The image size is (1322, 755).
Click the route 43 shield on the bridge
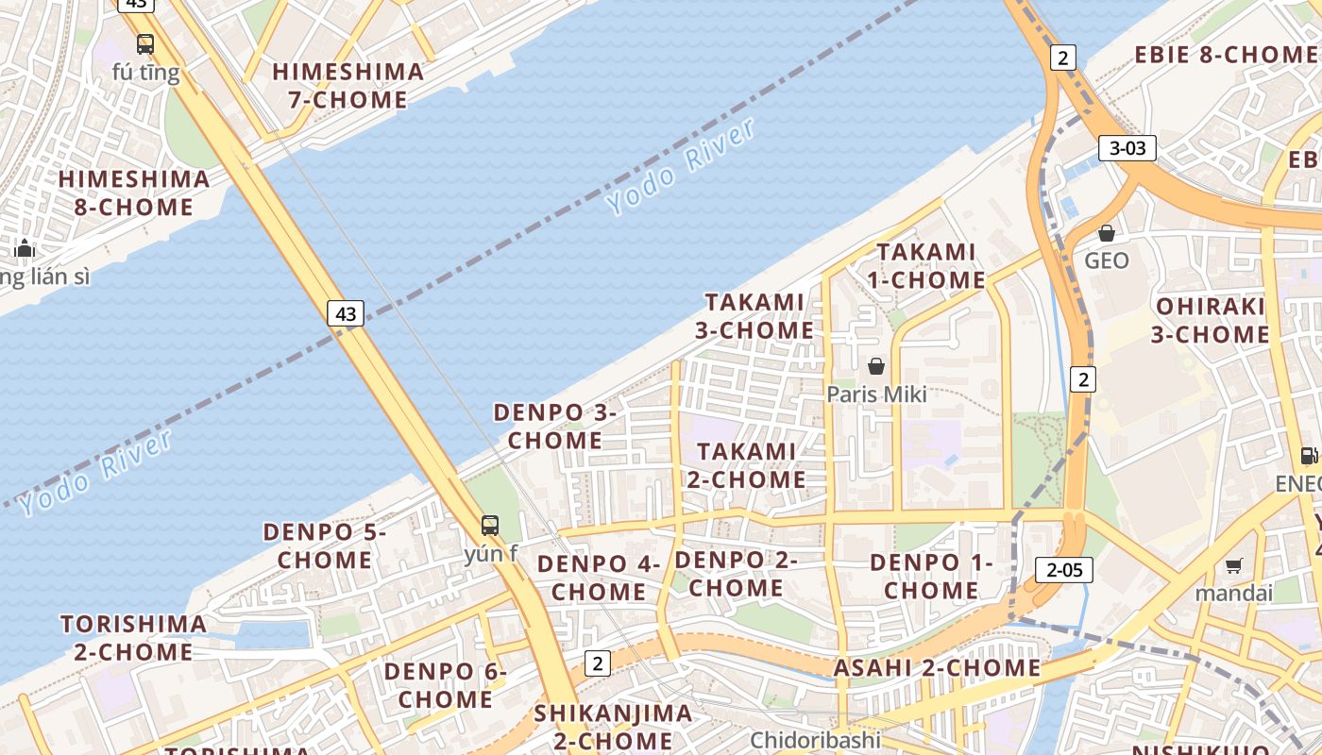tap(346, 313)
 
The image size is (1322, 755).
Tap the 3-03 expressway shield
tap(1127, 148)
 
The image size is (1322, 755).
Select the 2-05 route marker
tap(1064, 570)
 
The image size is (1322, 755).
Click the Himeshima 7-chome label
tap(348, 85)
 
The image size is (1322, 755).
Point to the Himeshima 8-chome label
tap(134, 193)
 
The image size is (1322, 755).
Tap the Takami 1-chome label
tap(926, 265)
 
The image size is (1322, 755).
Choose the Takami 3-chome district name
tap(754, 316)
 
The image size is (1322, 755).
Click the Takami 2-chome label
tap(746, 465)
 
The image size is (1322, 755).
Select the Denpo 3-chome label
tap(555, 426)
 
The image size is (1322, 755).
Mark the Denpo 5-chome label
tap(325, 545)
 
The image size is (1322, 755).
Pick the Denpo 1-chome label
tap(931, 576)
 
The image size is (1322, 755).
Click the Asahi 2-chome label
tap(937, 668)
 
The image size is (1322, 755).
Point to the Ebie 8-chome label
tap(1226, 55)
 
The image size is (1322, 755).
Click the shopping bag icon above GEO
tap(1107, 232)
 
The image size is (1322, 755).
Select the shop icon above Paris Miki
tap(876, 366)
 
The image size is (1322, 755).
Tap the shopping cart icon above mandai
tap(1233, 566)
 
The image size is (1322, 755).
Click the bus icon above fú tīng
tap(145, 43)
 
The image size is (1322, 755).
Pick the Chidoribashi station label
tap(815, 740)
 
